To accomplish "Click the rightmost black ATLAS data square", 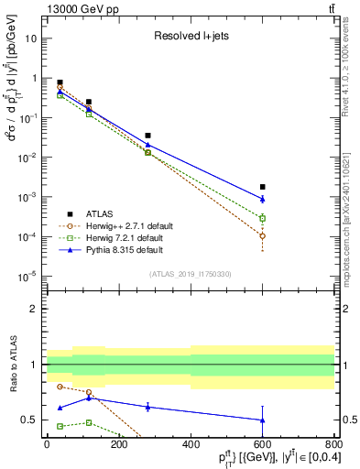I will point(263,187).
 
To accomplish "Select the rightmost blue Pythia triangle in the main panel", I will point(263,199).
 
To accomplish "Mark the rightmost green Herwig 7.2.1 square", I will point(263,218).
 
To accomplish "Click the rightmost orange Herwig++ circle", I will point(263,235).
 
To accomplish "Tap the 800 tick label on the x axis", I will point(334,444).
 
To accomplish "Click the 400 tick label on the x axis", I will point(191,444).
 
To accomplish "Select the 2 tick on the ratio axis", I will point(33,309).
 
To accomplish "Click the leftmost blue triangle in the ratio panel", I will point(60,408).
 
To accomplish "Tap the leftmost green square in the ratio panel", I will point(60,426).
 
